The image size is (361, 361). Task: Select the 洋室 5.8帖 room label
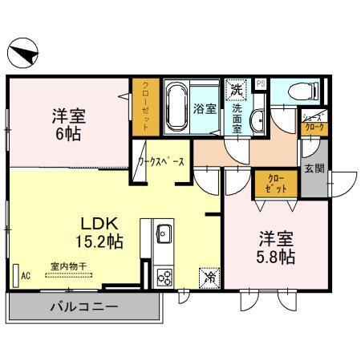coord(275,245)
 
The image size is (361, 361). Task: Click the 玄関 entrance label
coord(314,169)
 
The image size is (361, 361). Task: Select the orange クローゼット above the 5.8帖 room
coord(276,185)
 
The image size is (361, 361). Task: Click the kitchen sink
coord(163,234)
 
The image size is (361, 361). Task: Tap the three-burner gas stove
coord(164,278)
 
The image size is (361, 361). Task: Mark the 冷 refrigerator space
coord(208,278)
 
